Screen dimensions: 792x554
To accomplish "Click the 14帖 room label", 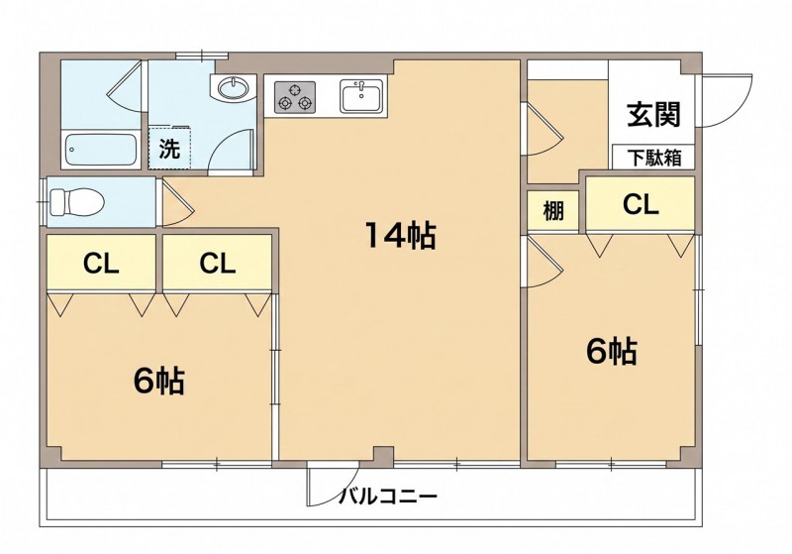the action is pos(400,236).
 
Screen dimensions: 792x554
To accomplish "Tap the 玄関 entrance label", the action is pos(654,115).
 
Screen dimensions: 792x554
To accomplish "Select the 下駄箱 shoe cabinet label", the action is pos(654,158).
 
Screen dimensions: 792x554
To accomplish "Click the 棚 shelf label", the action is pos(553,210).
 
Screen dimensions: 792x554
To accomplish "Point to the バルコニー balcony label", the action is pos(388,496).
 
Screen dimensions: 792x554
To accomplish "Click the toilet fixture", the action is pos(77,202).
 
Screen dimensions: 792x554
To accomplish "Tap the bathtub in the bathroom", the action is pos(101,150).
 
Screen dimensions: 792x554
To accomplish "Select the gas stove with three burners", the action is pos(295,97).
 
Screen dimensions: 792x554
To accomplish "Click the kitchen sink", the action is pos(360,96).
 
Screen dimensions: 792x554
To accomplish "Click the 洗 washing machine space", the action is pos(169,148).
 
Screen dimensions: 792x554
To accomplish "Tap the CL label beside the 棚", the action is pos(641,205).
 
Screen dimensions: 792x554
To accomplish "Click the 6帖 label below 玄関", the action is pos(611,351).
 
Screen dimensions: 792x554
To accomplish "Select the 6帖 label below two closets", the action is pos(158,381).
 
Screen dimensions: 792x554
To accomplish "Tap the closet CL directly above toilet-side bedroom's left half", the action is pos(101,263).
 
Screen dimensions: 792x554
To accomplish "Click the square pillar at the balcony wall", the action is pos(384,457).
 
